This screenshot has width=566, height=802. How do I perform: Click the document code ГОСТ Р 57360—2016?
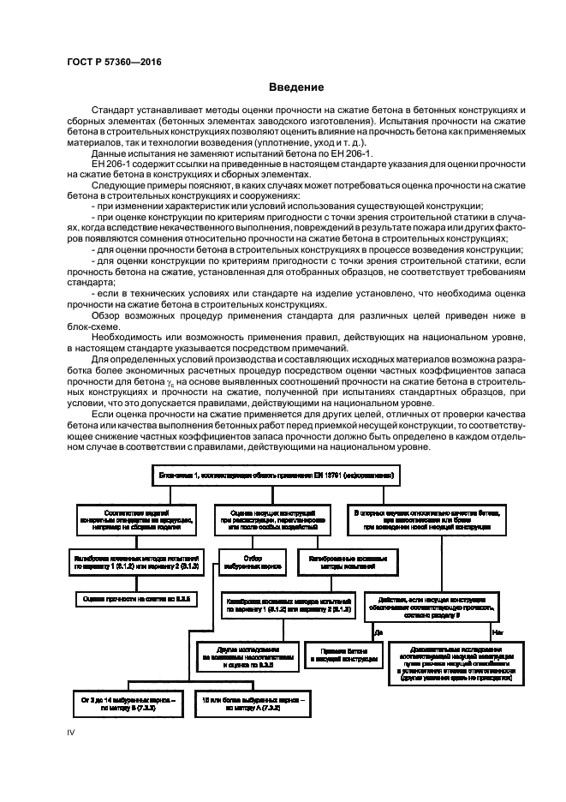point(114,62)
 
